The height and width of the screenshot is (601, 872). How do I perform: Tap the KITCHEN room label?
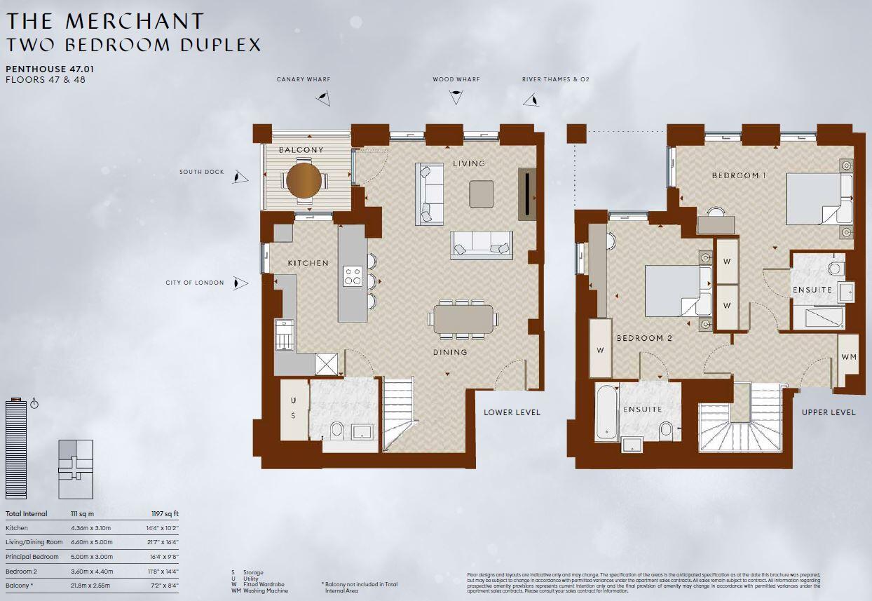pos(308,263)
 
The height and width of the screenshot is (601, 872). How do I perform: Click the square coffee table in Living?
pos(482,194)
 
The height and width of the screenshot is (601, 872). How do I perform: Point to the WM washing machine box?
pos(848,358)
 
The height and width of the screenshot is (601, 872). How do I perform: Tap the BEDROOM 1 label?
pos(739,175)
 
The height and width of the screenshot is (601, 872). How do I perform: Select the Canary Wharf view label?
pos(303,80)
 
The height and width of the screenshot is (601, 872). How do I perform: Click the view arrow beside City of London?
pos(240,283)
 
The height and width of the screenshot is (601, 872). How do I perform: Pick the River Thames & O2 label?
pos(555,80)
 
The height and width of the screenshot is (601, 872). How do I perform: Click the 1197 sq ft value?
pos(165,514)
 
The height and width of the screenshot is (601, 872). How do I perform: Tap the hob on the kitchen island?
pos(352,276)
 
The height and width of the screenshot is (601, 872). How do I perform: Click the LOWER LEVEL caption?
pos(512,412)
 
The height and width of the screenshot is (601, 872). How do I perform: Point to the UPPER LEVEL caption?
pos(829,412)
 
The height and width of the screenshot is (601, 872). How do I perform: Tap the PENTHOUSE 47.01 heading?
pos(50,69)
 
